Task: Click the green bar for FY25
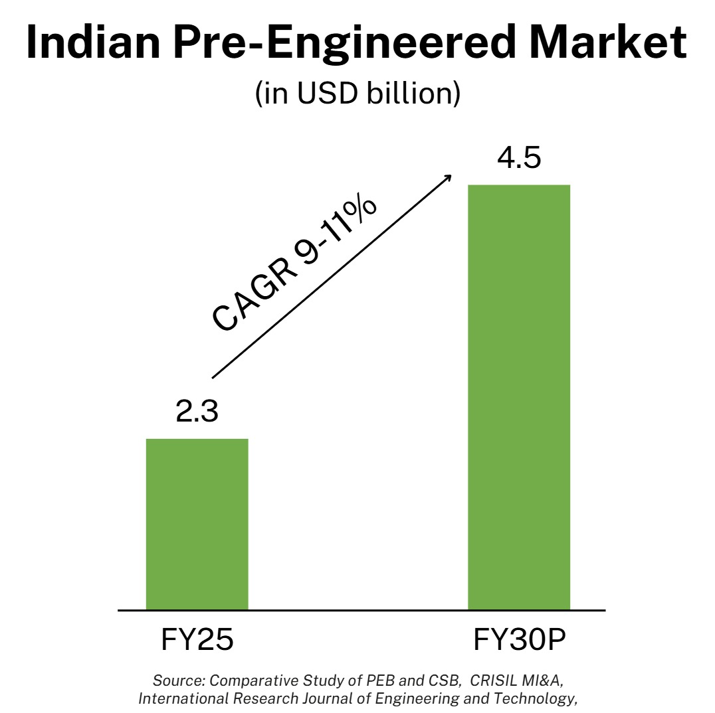click(x=197, y=524)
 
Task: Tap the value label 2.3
click(x=197, y=412)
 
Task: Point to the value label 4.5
click(x=520, y=159)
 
